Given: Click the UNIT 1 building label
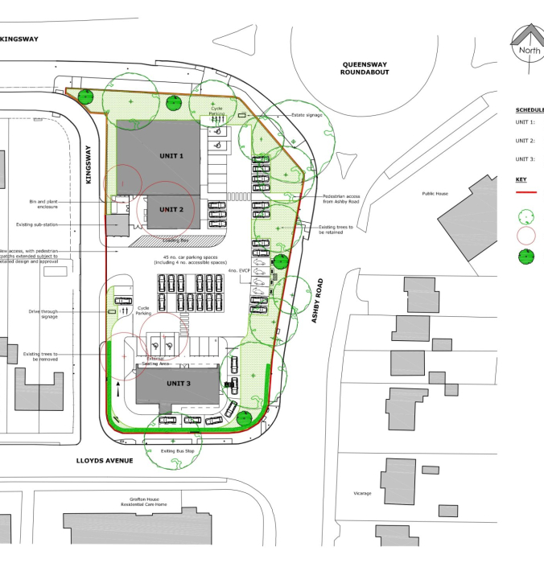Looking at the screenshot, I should tap(171, 155).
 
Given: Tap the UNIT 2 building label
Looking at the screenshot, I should tap(171, 209).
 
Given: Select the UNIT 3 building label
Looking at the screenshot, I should tap(179, 384).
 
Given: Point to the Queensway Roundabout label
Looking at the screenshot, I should tap(365, 68).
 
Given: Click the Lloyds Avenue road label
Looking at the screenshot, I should tap(105, 461).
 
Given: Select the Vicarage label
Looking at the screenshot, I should tap(362, 493).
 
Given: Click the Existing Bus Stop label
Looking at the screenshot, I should tap(178, 451).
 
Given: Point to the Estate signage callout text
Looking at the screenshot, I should tap(307, 115).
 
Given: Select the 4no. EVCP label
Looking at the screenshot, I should tap(238, 272).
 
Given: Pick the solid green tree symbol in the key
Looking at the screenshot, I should tap(525, 257).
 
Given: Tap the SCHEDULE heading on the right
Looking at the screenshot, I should tap(530, 110).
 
